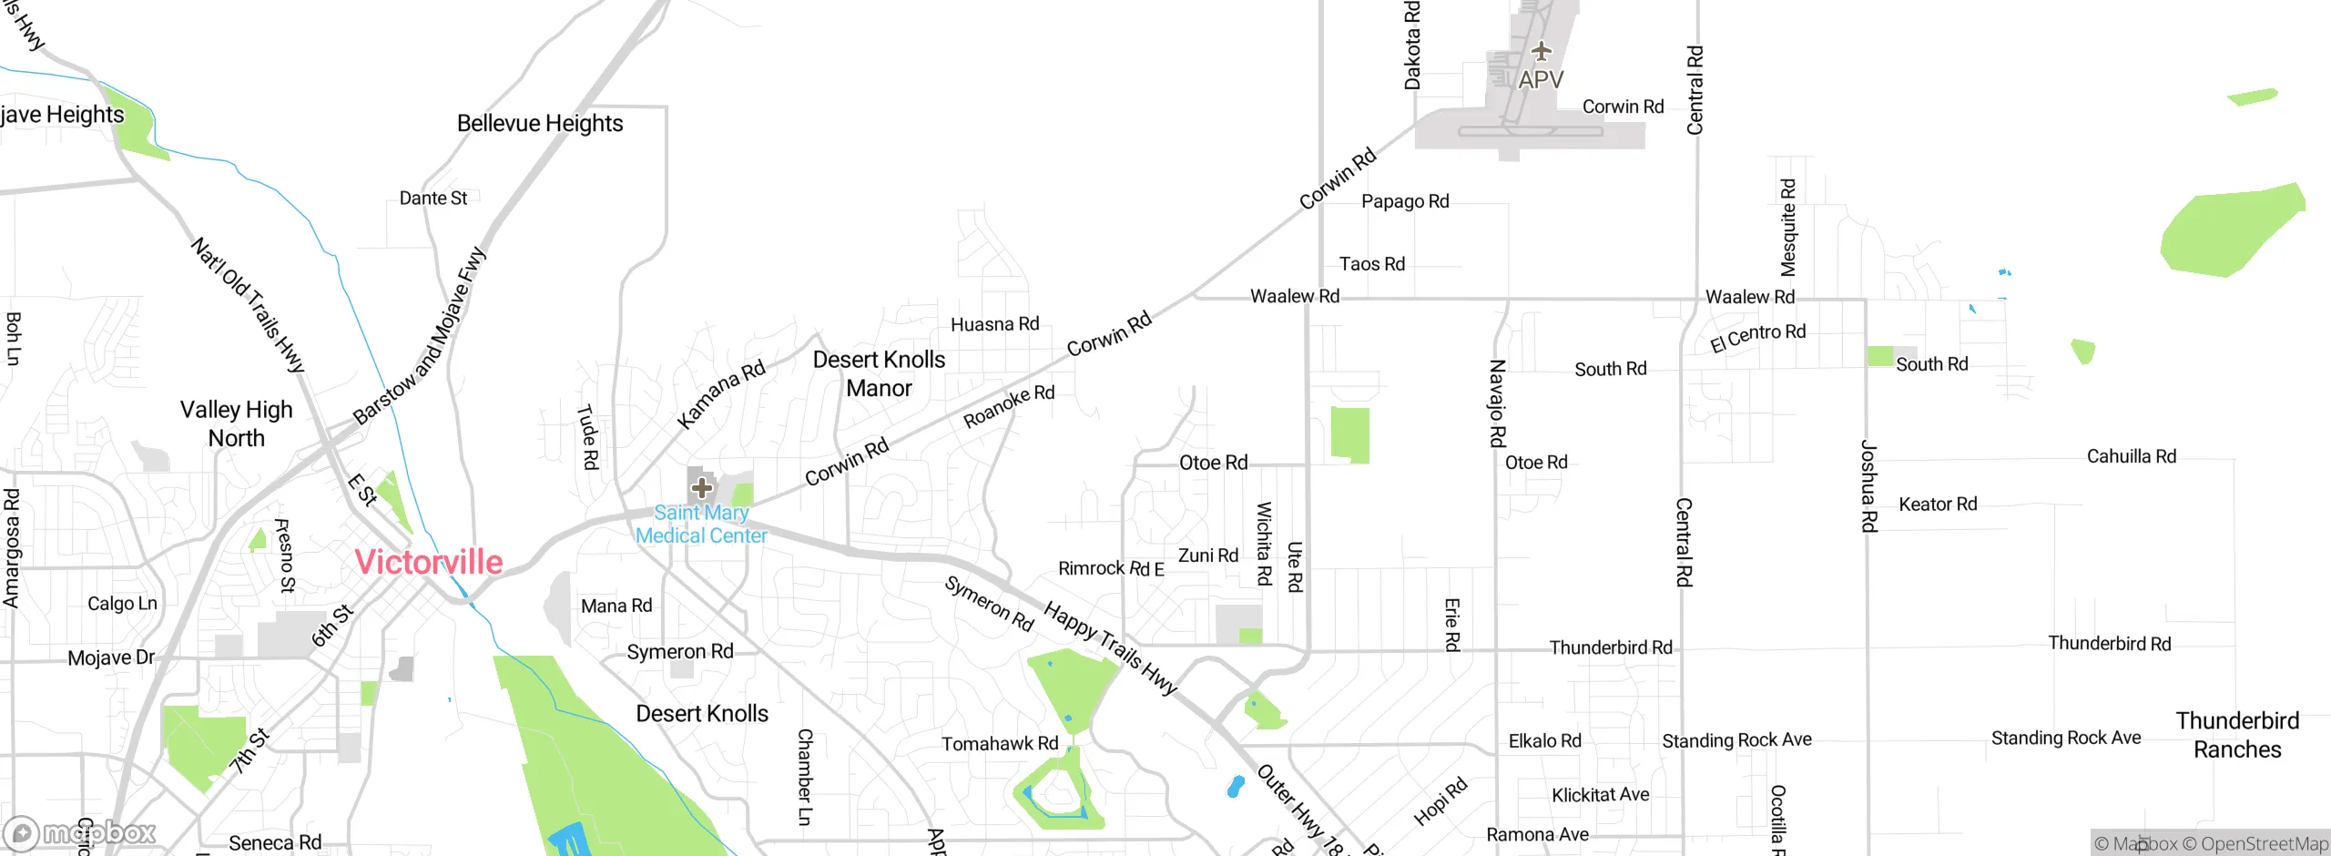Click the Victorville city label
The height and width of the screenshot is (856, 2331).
[x=428, y=562]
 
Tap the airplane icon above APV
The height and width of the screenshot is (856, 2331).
[x=1541, y=51]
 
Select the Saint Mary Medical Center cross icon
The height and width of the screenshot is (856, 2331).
[x=701, y=488]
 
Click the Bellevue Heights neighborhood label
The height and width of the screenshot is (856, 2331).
[x=540, y=123]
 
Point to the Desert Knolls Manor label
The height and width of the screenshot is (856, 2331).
[x=879, y=374]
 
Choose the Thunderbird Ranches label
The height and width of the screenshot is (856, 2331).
[x=2237, y=735]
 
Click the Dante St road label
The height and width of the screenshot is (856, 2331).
[x=433, y=199]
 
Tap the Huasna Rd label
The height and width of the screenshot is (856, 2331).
[x=994, y=324]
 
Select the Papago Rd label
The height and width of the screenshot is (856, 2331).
[x=1405, y=201]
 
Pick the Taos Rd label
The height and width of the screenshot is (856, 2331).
[x=1371, y=264]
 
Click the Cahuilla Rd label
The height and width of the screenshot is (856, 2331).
[x=2131, y=456]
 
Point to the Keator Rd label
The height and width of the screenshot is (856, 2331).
[x=1938, y=504]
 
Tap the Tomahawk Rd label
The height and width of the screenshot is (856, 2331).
[x=1000, y=744]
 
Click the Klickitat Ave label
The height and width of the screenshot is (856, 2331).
[x=1600, y=795]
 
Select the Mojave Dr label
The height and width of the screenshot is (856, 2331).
[x=111, y=657]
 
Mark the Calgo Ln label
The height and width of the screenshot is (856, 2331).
[x=122, y=604]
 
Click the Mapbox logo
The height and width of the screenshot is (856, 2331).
[x=80, y=833]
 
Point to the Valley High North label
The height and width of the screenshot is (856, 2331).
[x=237, y=424]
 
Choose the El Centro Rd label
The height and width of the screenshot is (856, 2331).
[x=1757, y=337]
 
